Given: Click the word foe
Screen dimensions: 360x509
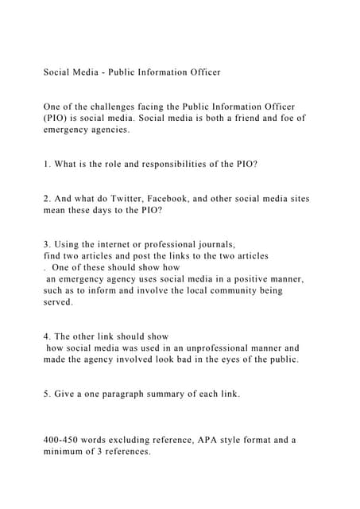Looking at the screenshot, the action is [x=282, y=118].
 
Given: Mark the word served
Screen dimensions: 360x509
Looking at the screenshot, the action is [x=58, y=302].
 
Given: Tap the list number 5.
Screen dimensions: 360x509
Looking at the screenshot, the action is [x=47, y=394].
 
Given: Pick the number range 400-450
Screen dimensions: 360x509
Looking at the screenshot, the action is [x=63, y=439].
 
